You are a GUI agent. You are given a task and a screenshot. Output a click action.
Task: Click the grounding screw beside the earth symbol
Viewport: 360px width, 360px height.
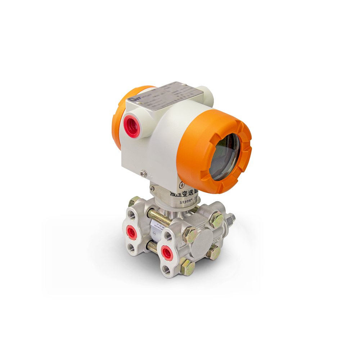(x=143, y=173)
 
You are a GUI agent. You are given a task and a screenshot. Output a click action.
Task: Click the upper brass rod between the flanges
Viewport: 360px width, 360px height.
(x=158, y=216)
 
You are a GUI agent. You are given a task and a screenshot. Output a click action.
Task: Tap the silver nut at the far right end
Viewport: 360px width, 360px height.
(x=231, y=218)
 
